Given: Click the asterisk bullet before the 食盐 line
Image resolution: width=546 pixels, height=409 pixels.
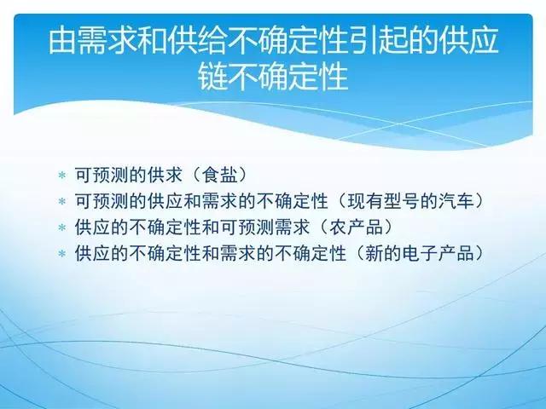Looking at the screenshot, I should tap(61, 175).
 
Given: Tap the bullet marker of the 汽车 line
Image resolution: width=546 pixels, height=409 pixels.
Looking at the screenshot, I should tap(61, 201).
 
